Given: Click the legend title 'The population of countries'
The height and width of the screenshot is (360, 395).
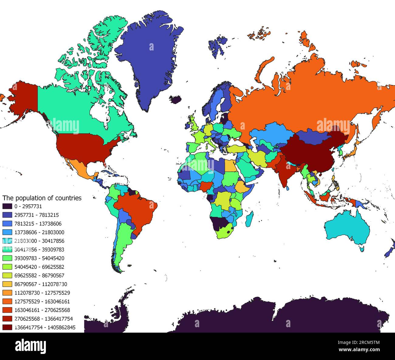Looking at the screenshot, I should (42, 198).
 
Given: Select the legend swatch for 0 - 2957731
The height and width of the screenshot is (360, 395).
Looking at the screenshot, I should (7, 206).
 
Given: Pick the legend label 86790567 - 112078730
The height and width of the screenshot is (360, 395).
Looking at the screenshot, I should (41, 284).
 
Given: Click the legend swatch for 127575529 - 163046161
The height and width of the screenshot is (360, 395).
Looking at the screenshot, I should (7, 302).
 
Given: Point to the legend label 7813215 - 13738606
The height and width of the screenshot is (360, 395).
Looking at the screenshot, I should (38, 224).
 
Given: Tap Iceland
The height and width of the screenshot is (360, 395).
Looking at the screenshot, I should (176, 99).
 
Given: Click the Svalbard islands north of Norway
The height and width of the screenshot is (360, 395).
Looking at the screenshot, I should (217, 46).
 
